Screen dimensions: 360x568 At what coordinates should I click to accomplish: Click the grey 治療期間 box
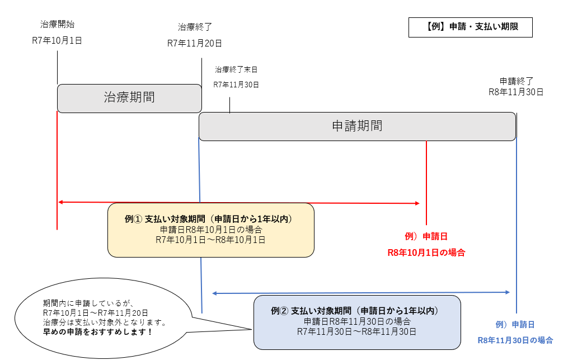tap(129, 97)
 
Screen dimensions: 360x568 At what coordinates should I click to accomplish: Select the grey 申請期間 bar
tap(357, 126)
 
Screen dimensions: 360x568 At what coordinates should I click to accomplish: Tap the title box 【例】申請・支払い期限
tap(470, 27)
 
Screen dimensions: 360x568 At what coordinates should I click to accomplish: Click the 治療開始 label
tap(57, 25)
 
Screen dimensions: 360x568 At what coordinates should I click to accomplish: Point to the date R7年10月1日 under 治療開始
tap(57, 40)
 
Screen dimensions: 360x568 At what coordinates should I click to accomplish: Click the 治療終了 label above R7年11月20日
tap(195, 27)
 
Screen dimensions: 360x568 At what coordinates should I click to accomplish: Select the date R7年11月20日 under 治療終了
tap(195, 43)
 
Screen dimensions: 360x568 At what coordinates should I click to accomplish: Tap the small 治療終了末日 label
tap(236, 70)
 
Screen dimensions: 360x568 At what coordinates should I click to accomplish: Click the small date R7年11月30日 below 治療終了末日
tap(236, 85)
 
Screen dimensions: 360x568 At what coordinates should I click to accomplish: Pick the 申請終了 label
tap(517, 81)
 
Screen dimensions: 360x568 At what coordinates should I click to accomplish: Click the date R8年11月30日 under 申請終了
tap(516, 92)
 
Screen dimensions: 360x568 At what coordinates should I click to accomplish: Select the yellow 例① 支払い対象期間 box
tap(210, 230)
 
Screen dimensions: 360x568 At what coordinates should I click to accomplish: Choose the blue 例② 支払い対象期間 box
tap(356, 322)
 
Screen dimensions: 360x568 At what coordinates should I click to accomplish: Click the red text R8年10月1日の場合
tap(426, 253)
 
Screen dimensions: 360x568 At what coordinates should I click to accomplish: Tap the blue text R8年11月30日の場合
tap(515, 340)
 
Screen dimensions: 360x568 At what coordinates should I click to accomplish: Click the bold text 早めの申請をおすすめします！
tap(98, 332)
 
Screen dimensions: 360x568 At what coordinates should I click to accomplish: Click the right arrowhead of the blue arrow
tap(507, 292)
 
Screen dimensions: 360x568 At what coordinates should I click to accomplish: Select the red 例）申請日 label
tap(426, 236)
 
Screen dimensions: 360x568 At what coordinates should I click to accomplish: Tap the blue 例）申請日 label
tap(515, 324)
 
